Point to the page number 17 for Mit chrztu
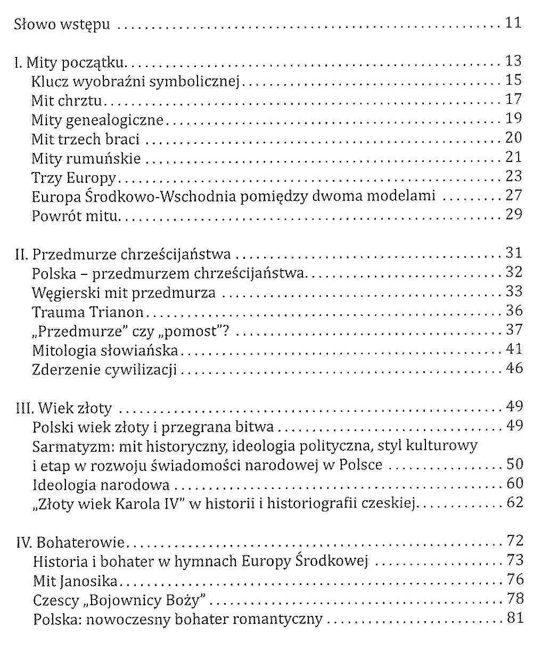click(x=513, y=100)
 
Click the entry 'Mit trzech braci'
click(x=85, y=139)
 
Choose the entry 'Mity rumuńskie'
click(x=86, y=158)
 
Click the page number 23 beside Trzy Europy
click(x=513, y=176)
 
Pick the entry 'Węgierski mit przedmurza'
click(x=124, y=292)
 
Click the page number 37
click(x=514, y=330)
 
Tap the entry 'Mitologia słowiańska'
click(x=105, y=350)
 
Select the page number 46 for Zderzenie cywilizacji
click(x=514, y=368)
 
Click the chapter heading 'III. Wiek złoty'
click(x=63, y=409)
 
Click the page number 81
click(x=514, y=619)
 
